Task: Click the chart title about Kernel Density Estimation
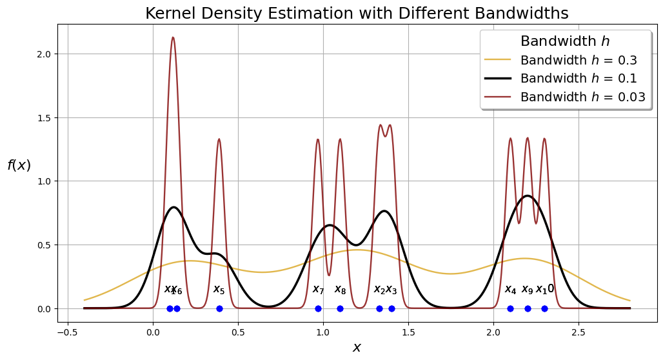coord(357,14)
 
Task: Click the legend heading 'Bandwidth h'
coord(564,41)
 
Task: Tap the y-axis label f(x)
coord(19,165)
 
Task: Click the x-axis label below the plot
coord(357,348)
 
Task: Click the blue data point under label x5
coord(219,308)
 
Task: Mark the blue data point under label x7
coord(318,308)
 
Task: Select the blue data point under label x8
coord(340,308)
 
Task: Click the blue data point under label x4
coord(510,308)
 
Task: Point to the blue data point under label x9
coord(528,308)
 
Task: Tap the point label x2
coord(379,289)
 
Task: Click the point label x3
coord(391,289)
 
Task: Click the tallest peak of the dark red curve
coord(173,37)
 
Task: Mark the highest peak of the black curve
coord(528,195)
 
